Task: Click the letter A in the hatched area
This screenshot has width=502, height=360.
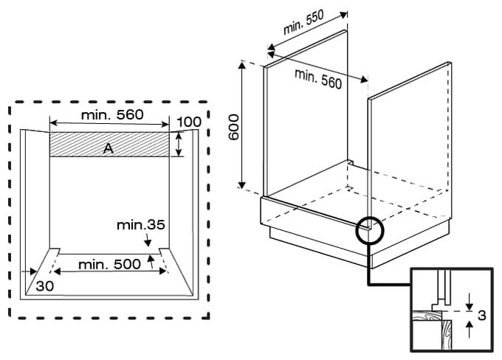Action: pyautogui.click(x=109, y=148)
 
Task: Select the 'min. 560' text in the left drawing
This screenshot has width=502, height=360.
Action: pyautogui.click(x=112, y=114)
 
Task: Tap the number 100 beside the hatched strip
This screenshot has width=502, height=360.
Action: pyautogui.click(x=189, y=122)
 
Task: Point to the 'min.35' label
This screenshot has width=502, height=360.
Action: pyautogui.click(x=141, y=225)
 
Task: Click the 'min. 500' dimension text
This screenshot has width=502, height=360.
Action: pyautogui.click(x=109, y=264)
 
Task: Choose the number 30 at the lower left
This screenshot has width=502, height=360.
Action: pyautogui.click(x=45, y=286)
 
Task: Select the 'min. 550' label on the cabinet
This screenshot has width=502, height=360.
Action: pyautogui.click(x=303, y=21)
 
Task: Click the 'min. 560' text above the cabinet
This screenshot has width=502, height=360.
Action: pyautogui.click(x=318, y=78)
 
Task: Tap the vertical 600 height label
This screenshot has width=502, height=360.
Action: pyautogui.click(x=234, y=127)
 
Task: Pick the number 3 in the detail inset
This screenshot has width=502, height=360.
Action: pyautogui.click(x=482, y=316)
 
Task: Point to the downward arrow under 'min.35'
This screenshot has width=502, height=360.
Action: pyautogui.click(x=147, y=240)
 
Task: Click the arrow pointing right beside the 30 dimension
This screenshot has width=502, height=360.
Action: pyautogui.click(x=30, y=271)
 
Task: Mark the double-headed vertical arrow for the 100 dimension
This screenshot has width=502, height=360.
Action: pyautogui.click(x=179, y=145)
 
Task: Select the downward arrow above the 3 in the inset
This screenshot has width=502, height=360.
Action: pyautogui.click(x=470, y=302)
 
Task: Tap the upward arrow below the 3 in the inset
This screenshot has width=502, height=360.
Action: pyautogui.click(x=470, y=330)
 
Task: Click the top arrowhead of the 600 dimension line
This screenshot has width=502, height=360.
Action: pyautogui.click(x=242, y=65)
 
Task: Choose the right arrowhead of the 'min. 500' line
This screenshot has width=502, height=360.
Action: pyautogui.click(x=162, y=271)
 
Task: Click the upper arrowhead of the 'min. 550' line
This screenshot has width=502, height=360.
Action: pyautogui.click(x=343, y=15)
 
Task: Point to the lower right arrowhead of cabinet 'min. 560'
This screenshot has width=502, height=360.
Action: pyautogui.click(x=364, y=79)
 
